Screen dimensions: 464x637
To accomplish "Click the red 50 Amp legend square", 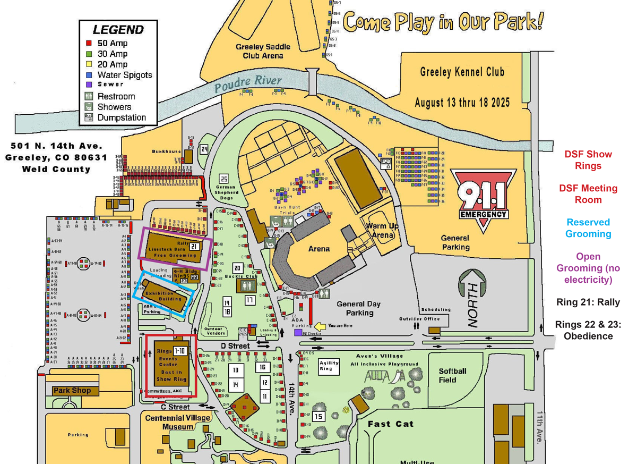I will (89, 43).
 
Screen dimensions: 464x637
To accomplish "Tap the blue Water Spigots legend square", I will (89, 75).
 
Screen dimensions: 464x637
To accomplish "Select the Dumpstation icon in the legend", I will (89, 117).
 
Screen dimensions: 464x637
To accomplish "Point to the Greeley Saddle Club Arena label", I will (263, 52).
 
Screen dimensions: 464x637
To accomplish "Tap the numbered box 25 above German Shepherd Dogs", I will (224, 179).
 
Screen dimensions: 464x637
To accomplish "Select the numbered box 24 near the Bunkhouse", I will (204, 150).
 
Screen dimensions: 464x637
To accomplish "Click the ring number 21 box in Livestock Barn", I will (194, 246).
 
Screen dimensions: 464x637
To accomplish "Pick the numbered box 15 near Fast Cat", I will (318, 416).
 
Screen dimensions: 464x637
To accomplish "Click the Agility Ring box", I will (329, 365).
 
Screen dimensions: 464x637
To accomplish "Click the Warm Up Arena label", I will (382, 230).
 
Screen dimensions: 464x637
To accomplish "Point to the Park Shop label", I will (72, 391).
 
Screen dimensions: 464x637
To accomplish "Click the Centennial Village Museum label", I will (178, 422).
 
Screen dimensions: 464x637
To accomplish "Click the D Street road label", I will (235, 346).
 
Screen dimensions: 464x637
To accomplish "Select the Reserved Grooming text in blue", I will (588, 228).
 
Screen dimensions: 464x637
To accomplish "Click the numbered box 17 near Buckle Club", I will (249, 300).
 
